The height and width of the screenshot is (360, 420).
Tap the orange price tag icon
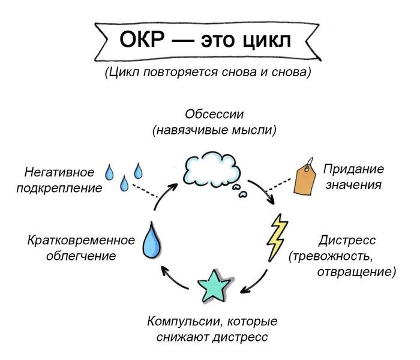pos(305,178)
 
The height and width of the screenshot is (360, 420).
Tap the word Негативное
pos(59,172)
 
